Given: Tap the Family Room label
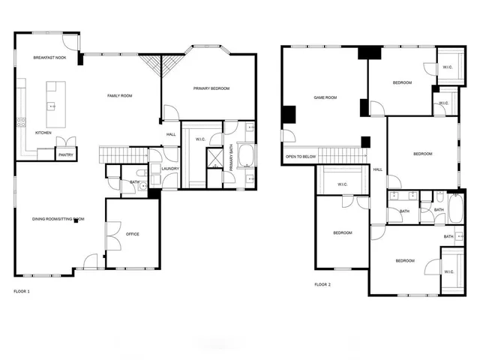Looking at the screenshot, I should [x=120, y=96].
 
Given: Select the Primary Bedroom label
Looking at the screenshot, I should [x=211, y=88].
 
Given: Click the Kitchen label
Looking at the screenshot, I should [x=43, y=133].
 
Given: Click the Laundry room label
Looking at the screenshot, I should [x=169, y=168].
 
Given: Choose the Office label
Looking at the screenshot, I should [x=133, y=234].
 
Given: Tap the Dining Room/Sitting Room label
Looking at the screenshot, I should [x=58, y=219].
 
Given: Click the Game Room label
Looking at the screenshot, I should [x=325, y=97].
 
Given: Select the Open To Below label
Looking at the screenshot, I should [x=300, y=157].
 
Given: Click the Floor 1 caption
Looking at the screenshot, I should [x=22, y=290].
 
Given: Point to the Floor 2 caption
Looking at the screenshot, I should [x=322, y=284].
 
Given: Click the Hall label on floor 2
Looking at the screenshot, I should [x=377, y=169].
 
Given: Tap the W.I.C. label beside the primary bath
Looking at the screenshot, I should [x=201, y=139].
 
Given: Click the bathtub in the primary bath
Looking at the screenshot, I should [x=248, y=158].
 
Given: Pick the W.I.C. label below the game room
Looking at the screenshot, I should [x=342, y=184].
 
